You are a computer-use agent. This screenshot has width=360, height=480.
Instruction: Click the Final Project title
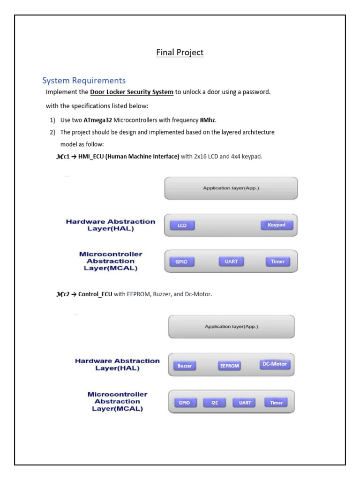tap(180, 52)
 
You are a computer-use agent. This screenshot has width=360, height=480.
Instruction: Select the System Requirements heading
tap(84, 80)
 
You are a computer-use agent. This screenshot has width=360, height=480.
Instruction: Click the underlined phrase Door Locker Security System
tap(132, 92)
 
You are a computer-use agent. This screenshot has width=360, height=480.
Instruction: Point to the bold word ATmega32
tap(98, 120)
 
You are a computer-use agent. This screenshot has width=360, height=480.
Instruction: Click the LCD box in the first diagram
tap(182, 225)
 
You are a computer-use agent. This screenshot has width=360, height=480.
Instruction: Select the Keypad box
tap(277, 225)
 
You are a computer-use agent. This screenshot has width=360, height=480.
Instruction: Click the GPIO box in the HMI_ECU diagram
tap(181, 262)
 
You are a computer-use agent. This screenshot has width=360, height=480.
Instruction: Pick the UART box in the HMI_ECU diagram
tap(231, 262)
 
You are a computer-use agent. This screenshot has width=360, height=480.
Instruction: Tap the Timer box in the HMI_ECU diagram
tap(277, 262)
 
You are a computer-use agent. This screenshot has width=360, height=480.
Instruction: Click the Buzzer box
tap(185, 366)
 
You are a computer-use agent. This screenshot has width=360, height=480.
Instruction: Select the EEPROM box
tap(230, 366)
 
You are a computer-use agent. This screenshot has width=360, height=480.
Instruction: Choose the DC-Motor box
tap(275, 364)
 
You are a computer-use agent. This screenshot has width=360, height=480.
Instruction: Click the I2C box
tap(215, 403)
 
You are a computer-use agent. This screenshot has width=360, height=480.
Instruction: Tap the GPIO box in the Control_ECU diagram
tap(185, 403)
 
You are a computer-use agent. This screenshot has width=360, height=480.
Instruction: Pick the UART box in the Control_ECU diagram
tap(245, 403)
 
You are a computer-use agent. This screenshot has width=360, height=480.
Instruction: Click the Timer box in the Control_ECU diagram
tap(276, 402)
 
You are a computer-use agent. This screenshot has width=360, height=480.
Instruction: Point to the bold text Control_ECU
tap(95, 294)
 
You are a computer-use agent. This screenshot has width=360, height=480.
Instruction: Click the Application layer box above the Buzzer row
tap(231, 327)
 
